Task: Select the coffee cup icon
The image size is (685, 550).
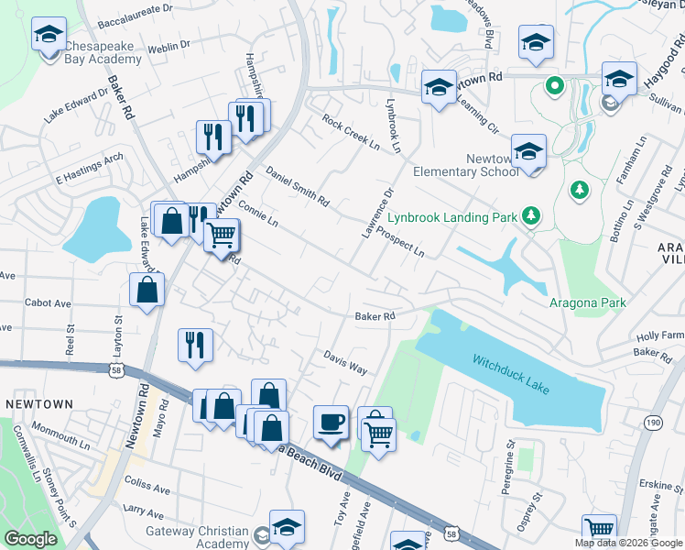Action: coord(331,423)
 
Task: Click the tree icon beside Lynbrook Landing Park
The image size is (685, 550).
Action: coord(530,217)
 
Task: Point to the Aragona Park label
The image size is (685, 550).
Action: coord(587,302)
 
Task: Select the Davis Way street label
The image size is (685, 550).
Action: coord(345,362)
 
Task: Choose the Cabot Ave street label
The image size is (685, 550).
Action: coord(48,302)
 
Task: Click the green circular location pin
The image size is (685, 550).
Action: coord(553,87)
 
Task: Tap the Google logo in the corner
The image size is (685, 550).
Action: coord(30,539)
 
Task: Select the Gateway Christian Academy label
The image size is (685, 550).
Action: coord(197,537)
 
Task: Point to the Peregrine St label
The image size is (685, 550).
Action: coord(509,467)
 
